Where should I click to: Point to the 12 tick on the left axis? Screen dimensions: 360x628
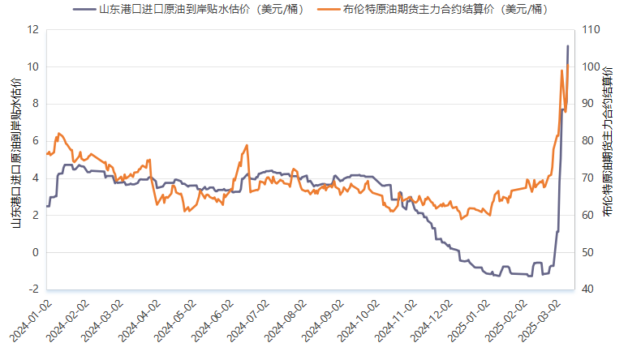(33, 29)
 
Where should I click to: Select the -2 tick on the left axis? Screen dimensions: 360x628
(33, 289)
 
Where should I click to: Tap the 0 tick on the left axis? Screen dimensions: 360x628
(35, 252)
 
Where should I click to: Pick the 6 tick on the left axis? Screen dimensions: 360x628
(35, 141)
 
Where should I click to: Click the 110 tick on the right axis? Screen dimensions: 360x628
(590, 29)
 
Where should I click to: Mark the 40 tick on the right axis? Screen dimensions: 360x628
(587, 289)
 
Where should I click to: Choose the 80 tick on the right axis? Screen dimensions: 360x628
(587, 141)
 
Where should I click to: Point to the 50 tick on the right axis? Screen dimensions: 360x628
(587, 252)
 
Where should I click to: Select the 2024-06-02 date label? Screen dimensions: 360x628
(210, 321)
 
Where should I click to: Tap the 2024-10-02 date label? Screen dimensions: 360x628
(357, 321)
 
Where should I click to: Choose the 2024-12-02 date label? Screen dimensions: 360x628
(430, 321)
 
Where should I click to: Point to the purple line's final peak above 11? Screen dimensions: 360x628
(567, 46)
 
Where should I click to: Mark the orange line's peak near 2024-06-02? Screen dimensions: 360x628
(247, 145)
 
